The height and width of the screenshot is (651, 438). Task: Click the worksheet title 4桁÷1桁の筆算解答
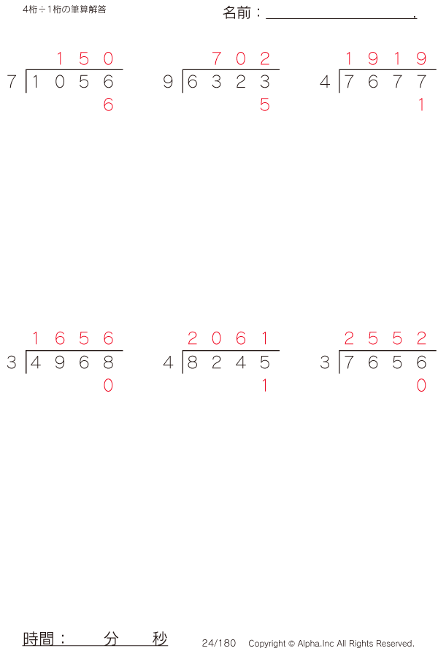point(64,10)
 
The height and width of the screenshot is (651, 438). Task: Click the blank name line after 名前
point(340,15)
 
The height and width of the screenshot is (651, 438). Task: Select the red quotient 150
point(84,59)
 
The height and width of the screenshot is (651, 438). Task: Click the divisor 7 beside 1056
point(11,83)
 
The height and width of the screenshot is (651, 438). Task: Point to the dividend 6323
point(228,83)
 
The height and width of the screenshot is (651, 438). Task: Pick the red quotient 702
point(240,59)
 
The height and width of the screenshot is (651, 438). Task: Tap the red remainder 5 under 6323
point(264,105)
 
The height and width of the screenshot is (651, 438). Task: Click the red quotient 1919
point(385,59)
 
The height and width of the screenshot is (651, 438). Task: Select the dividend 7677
point(385,83)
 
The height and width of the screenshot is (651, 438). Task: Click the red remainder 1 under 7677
point(421,105)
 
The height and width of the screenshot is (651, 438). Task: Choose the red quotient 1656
point(72,338)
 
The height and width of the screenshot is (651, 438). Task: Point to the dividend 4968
point(72,362)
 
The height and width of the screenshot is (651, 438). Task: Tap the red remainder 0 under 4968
point(108,386)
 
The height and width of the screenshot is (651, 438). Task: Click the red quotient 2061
point(228,338)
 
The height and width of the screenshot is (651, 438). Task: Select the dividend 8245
point(228,362)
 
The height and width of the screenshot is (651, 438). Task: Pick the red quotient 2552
point(385,338)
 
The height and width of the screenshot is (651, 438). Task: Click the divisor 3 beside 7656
point(325,362)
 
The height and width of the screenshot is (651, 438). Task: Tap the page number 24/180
point(219,643)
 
